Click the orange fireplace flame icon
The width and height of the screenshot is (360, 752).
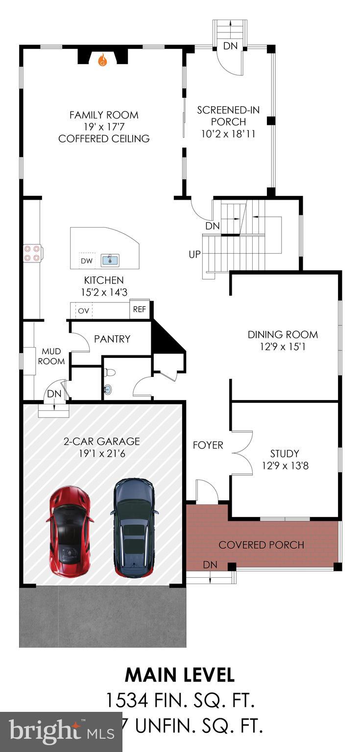coord(102,60)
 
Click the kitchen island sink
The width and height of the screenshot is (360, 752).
coord(110,260)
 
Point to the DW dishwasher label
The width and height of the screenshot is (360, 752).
coord(87,261)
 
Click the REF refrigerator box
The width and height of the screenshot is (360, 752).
coord(139,310)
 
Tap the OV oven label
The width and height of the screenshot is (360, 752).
coord(83,311)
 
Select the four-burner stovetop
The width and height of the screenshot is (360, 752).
coord(32,253)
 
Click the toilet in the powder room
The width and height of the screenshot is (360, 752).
coord(110,373)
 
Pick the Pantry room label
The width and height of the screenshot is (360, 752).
coord(112,339)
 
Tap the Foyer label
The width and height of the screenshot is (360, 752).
coord(208,445)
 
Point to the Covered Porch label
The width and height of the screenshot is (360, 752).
coord(261,545)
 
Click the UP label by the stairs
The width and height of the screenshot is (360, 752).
coord(195,255)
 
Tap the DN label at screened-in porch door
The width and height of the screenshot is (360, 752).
coord(230,47)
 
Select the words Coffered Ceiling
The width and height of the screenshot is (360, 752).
coord(104,139)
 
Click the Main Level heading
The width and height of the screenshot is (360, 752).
coord(180,675)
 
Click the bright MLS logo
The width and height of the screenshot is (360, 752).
coord(61,732)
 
